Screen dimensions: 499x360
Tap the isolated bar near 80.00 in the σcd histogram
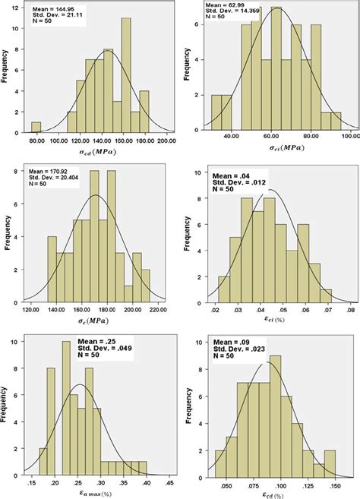tap(36, 125)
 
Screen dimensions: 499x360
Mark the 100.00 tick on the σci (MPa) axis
tap(351, 137)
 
